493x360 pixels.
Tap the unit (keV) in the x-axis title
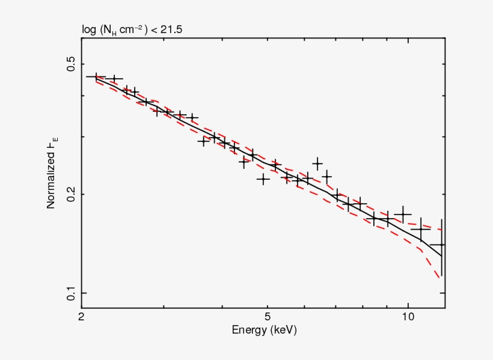283,331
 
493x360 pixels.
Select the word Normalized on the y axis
52,180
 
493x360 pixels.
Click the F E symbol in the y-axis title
53,142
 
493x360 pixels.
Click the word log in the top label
88,28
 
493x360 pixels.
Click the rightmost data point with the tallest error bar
442,245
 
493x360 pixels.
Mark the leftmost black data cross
96,77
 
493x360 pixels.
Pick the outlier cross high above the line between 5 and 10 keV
317,163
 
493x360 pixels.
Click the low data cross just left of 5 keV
263,178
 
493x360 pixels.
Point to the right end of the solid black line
442,256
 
